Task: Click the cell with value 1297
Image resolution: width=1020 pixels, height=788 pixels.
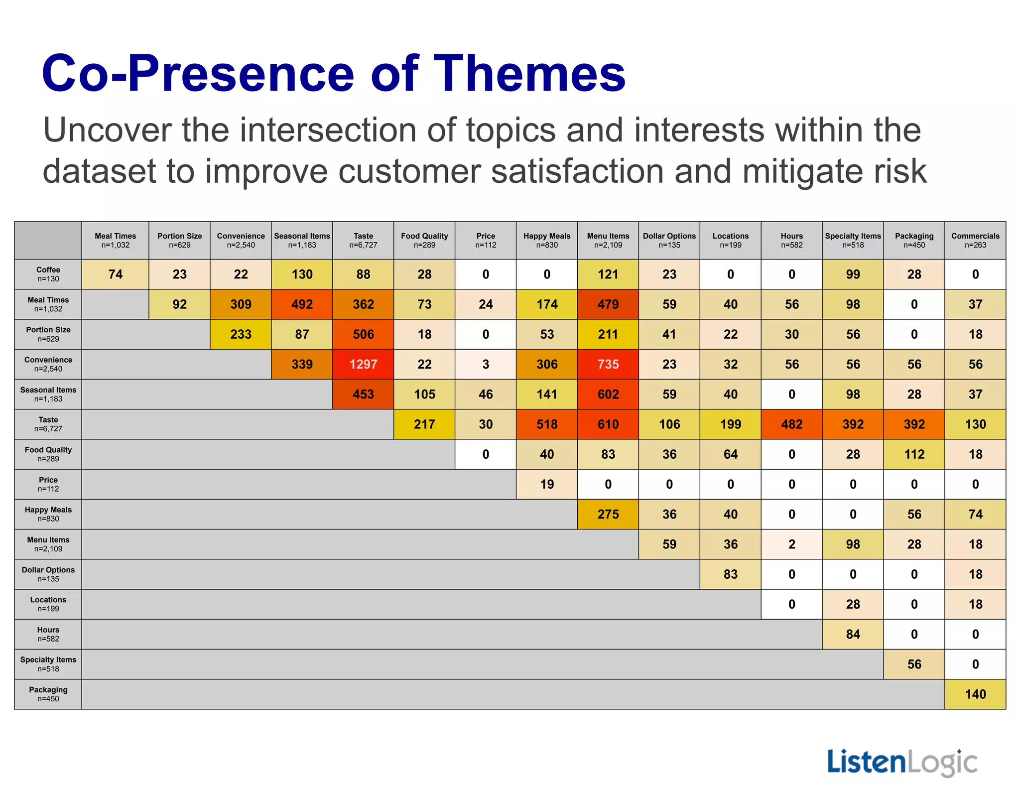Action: (363, 364)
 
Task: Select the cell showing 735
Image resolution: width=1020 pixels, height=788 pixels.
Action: (608, 364)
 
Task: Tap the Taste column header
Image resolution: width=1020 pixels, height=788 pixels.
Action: (363, 240)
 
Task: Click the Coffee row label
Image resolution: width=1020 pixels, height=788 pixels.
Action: (48, 274)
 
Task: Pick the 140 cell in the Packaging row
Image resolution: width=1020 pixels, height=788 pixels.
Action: (975, 694)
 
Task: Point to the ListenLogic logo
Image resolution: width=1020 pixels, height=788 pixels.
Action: (902, 763)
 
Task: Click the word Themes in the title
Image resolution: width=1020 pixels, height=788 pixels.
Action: (529, 73)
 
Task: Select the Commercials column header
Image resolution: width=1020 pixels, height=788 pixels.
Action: (975, 240)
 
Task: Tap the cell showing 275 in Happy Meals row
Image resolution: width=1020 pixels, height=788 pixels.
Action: (608, 514)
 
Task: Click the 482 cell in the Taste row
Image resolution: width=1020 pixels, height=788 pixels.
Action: (791, 424)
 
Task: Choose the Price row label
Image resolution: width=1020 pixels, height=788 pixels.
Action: (48, 484)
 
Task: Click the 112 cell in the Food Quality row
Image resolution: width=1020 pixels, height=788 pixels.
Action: (914, 454)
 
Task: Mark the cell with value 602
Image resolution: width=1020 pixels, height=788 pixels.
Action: (608, 394)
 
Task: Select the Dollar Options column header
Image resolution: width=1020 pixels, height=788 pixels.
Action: (669, 240)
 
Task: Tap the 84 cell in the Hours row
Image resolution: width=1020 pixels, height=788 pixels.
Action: (853, 634)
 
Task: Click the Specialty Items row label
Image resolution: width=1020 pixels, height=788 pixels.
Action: (48, 664)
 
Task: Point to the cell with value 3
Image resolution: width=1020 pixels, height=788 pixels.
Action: (486, 364)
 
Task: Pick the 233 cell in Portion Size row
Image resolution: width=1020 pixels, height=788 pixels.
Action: (241, 334)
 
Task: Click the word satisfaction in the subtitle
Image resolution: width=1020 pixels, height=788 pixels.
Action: (578, 171)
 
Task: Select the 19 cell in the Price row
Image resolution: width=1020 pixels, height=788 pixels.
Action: (546, 484)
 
